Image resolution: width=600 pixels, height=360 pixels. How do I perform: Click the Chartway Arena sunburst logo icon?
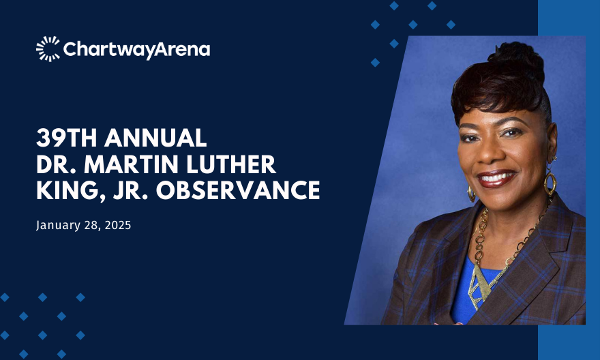point(48,49)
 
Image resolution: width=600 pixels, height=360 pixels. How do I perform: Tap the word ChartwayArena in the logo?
point(136,50)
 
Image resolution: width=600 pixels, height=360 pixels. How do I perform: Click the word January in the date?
point(59,226)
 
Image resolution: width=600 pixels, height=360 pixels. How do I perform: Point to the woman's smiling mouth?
point(496,179)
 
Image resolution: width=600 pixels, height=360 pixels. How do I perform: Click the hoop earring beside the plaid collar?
point(550,182)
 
